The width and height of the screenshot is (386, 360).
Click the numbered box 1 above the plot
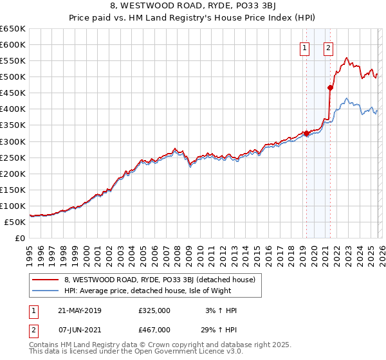pyautogui.click(x=303, y=47)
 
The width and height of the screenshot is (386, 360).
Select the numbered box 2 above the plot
pyautogui.click(x=328, y=47)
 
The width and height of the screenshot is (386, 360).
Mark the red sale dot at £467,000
pyautogui.click(x=330, y=87)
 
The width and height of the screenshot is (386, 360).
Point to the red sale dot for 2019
pyautogui.click(x=306, y=134)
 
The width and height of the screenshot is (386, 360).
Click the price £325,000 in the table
pyautogui.click(x=154, y=310)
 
